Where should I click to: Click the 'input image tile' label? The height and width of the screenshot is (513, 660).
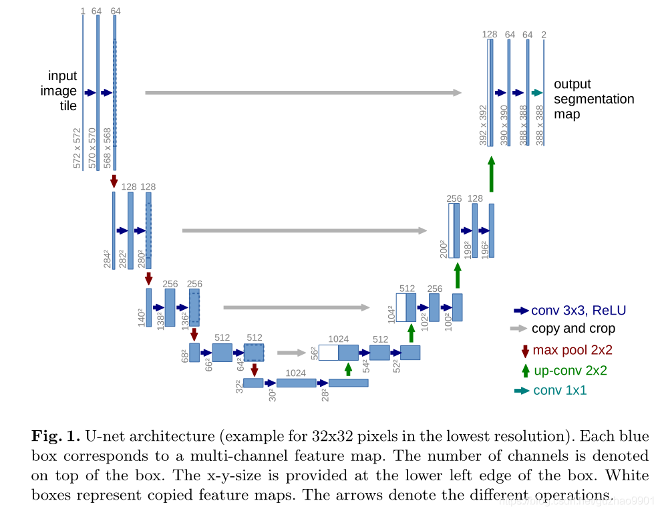(x=62, y=91)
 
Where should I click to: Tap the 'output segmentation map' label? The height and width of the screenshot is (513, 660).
(x=593, y=99)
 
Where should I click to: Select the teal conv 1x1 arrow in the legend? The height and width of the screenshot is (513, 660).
(x=521, y=391)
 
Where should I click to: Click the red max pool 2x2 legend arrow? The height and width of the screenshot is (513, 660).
(x=525, y=350)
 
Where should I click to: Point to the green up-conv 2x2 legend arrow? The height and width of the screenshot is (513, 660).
(x=525, y=370)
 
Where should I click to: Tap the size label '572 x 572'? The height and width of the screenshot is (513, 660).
(x=77, y=148)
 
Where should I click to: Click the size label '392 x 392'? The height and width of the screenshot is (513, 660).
(x=483, y=125)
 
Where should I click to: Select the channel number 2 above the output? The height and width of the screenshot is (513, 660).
(x=544, y=35)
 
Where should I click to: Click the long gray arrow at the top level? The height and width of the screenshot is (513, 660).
(x=303, y=92)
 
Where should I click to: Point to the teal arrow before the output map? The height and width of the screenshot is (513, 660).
(x=536, y=93)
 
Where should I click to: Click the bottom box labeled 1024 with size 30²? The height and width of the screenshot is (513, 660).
(x=296, y=383)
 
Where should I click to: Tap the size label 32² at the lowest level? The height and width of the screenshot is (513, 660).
(x=238, y=386)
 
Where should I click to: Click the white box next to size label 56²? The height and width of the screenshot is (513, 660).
(x=328, y=352)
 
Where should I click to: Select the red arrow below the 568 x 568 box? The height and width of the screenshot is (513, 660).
(x=114, y=180)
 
